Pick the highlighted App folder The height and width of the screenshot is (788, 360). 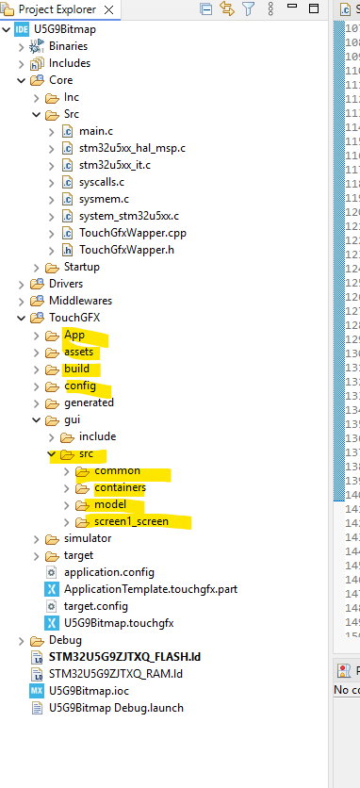coord(74,335)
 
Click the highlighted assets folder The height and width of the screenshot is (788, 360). coord(79,352)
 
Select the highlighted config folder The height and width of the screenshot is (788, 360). coord(79,386)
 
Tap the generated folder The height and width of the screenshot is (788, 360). coord(89,402)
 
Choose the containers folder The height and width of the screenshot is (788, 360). coord(120,487)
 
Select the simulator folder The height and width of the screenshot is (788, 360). coord(87,538)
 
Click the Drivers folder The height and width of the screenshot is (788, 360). coord(65,284)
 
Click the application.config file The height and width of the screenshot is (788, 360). coord(108,572)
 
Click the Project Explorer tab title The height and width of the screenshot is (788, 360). coord(57,8)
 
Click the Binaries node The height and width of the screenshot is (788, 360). coord(68,46)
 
